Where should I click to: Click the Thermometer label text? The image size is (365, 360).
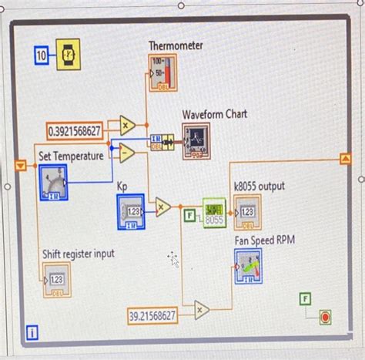(176, 46)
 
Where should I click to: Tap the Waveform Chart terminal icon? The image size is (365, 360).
(196, 140)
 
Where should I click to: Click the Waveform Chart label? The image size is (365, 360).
(214, 114)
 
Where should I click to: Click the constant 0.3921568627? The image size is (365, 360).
(74, 131)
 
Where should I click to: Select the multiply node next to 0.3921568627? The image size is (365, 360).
(127, 125)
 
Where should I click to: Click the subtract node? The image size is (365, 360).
(127, 153)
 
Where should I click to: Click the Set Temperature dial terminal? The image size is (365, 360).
(52, 182)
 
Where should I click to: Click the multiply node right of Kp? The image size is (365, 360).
(162, 206)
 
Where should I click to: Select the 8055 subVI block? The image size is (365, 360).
(215, 213)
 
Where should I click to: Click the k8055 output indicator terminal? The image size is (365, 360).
(248, 211)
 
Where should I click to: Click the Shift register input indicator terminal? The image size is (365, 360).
(56, 280)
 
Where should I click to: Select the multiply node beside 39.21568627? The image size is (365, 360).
(201, 310)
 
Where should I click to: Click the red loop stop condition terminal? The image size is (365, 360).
(324, 316)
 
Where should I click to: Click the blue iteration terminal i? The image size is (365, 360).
(32, 332)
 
